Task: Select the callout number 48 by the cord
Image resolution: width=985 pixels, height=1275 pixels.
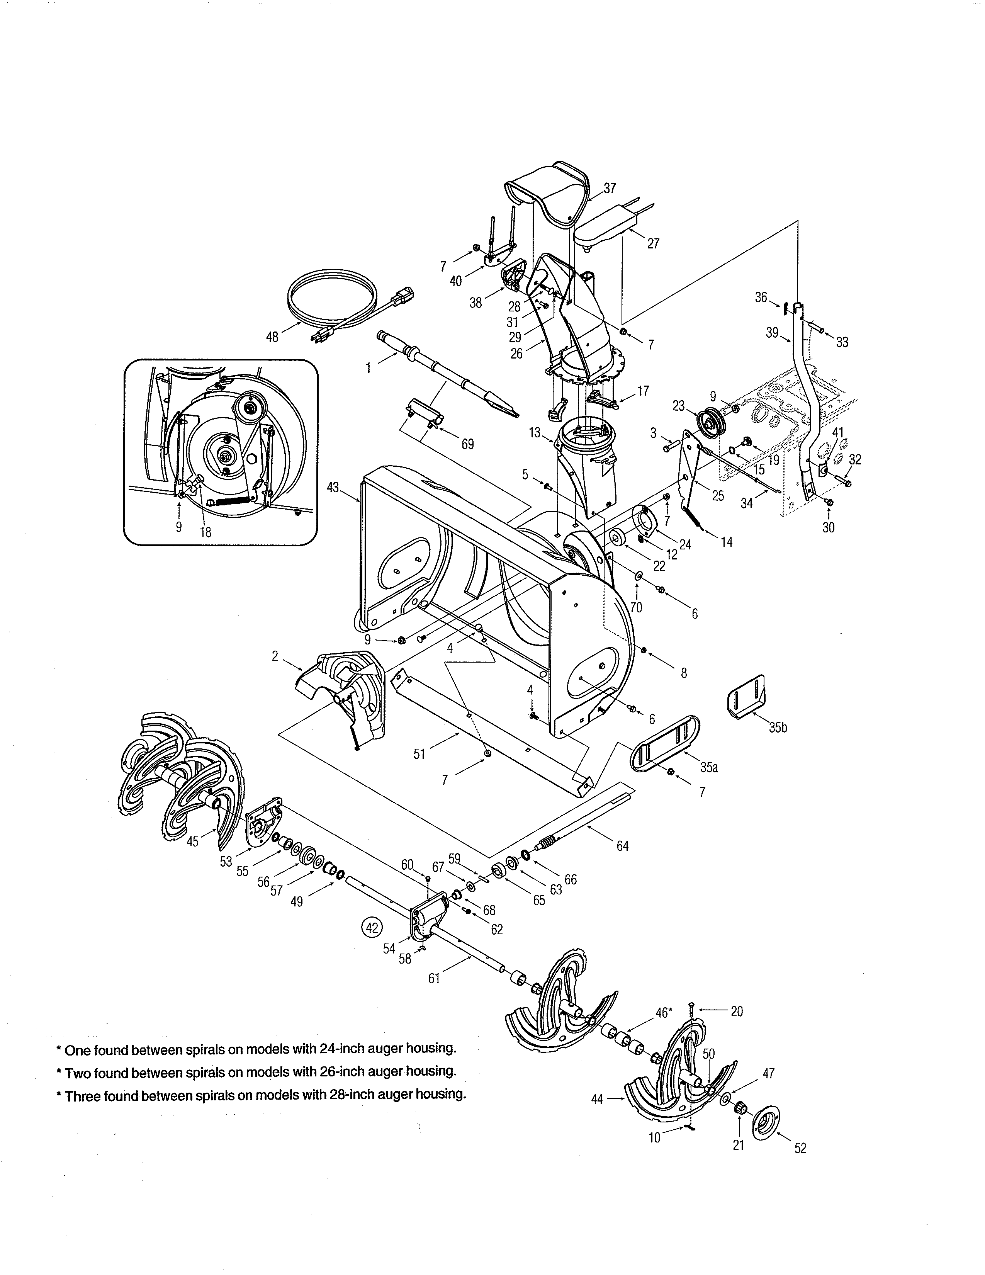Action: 272,337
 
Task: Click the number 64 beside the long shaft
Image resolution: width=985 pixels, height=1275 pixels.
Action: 623,846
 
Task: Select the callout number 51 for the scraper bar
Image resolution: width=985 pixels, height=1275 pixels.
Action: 419,754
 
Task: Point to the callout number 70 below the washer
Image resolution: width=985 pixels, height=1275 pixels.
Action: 636,607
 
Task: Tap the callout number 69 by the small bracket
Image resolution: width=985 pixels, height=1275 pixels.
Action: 467,444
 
